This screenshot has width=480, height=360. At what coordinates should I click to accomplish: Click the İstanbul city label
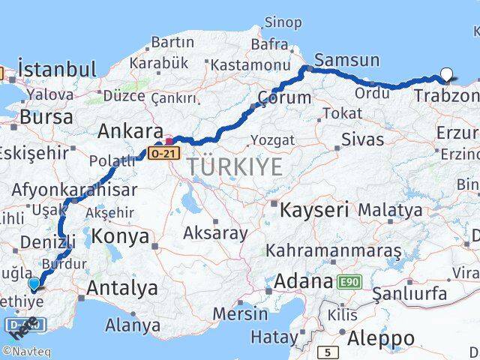[57, 70]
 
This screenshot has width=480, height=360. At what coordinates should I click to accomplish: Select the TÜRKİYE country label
[235, 166]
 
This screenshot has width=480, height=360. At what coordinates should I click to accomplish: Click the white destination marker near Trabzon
[447, 74]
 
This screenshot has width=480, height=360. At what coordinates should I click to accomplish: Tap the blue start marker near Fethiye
[34, 284]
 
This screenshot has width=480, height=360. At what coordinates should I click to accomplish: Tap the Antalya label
[122, 287]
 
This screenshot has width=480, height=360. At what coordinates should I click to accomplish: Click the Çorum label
[284, 97]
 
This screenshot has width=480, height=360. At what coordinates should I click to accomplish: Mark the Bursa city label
[46, 117]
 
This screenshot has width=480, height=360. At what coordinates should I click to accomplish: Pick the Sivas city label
[362, 139]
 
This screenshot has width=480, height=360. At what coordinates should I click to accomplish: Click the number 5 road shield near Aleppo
[328, 351]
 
